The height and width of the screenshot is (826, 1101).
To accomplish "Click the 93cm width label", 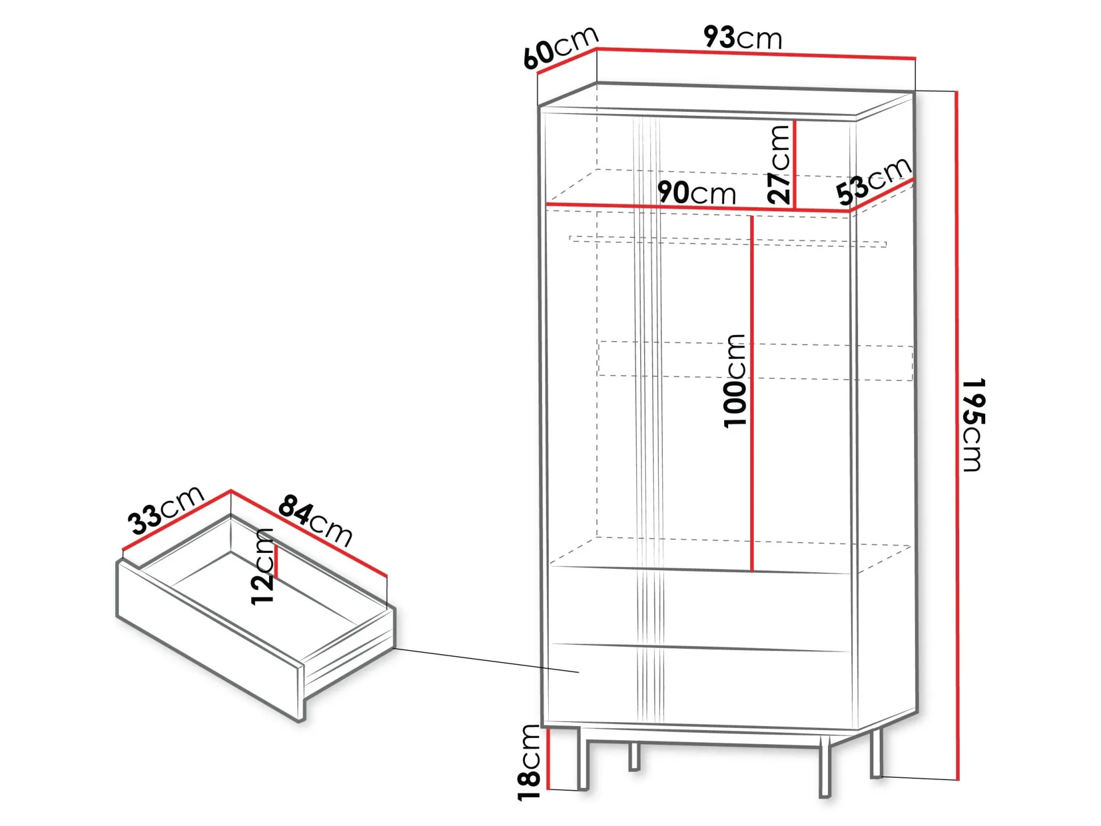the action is pos(742,37).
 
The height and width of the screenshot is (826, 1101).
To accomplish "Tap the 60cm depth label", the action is pos(561,48).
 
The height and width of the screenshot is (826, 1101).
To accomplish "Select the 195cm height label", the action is pos(974,425).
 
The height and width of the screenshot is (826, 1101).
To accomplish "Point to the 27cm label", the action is pos(779,165).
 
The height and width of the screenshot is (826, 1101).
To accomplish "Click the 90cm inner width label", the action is pos(696,193).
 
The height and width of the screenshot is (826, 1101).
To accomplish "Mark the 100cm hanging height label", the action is pos(735,380).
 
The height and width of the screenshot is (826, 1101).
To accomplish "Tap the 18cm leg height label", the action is pos(529,762).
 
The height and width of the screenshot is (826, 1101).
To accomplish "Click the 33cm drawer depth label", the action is pos(166,510).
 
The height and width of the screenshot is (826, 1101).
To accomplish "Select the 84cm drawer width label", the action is pos(316,521).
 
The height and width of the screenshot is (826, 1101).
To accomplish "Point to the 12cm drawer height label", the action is pos(262,567).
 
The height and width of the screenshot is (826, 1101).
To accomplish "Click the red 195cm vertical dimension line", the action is pos(957,435).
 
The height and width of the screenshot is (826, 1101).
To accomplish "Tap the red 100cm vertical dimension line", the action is pos(752,393).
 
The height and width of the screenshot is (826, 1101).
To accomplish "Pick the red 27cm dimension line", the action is pos(795,165).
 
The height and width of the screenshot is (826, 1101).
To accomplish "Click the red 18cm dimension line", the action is pos(549,759).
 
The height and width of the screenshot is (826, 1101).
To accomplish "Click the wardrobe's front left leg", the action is pos(583,758).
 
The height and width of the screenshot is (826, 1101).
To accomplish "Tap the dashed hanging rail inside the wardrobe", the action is pos(728,241).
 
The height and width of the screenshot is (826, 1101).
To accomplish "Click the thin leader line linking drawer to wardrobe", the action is pos(486,660).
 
